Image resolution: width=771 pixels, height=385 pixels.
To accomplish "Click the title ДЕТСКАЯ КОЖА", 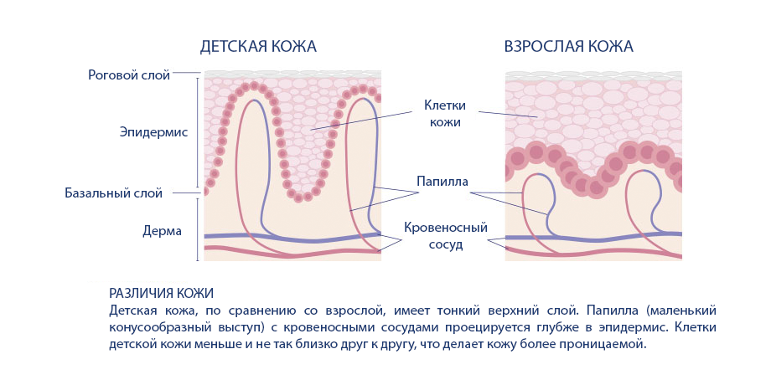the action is [257, 47].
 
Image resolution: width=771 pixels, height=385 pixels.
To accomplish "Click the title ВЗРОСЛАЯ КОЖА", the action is [568, 47].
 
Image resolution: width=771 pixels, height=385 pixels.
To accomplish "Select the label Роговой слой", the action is [129, 75].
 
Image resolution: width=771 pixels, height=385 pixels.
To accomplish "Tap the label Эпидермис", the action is [153, 132].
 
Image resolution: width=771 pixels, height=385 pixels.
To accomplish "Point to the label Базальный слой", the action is [114, 193].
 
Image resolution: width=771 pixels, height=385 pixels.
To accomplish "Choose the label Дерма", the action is [163, 231].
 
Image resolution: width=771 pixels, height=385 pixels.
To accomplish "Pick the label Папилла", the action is [442, 182].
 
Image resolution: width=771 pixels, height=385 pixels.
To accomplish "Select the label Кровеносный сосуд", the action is [446, 236].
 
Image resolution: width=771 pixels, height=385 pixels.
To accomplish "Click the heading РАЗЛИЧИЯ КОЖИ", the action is [161, 294].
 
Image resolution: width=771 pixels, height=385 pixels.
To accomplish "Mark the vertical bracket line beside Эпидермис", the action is [198, 132].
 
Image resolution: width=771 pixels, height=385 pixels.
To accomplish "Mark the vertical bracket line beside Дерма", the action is [198, 228].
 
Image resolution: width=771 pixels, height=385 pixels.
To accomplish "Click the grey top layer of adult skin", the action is [593, 76].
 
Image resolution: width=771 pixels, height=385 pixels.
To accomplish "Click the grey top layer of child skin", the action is [292, 74].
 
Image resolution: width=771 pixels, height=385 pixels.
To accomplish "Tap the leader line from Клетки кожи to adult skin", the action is [508, 115].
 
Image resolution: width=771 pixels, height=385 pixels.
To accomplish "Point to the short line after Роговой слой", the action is [186, 73].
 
